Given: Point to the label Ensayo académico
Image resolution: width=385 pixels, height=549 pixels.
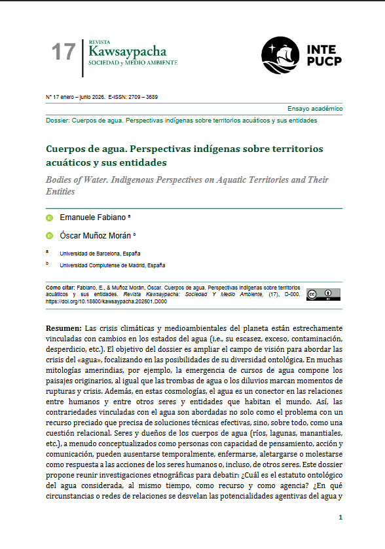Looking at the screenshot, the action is (x=314, y=109).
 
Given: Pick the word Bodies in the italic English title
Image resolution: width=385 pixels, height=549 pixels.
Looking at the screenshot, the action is (x=61, y=180).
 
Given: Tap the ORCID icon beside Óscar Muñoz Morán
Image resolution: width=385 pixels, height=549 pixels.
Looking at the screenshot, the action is (x=49, y=235).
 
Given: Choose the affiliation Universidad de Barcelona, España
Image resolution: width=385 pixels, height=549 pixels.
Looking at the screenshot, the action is (x=100, y=253).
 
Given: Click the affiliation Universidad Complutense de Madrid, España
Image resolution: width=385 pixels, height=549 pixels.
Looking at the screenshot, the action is (x=112, y=265).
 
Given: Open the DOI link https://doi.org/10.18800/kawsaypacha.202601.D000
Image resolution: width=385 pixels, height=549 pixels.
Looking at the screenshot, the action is (x=107, y=302).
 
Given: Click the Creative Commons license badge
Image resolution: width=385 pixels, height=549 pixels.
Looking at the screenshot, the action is (x=323, y=294).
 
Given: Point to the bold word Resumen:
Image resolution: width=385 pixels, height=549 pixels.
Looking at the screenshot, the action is (x=64, y=328).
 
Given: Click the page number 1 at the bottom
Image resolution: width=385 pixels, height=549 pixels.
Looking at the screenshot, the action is (x=340, y=518).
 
